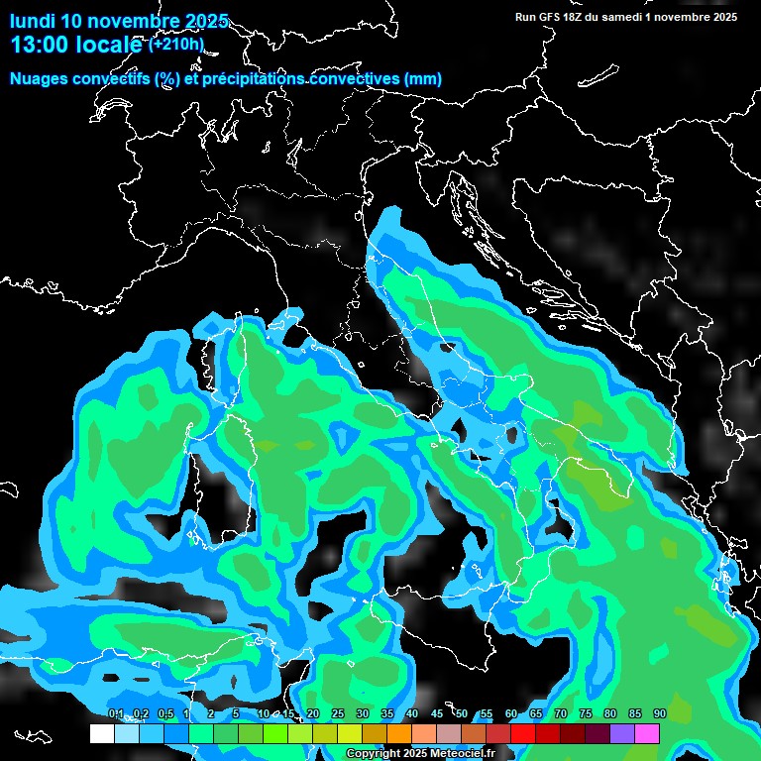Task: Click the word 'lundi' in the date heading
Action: (x=33, y=21)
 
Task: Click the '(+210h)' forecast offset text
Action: (x=176, y=44)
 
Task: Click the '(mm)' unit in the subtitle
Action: (x=422, y=78)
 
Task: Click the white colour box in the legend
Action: (x=101, y=734)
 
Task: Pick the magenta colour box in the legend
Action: (x=647, y=734)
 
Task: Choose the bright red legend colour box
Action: (x=523, y=734)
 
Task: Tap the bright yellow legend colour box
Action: (x=350, y=734)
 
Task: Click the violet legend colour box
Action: (x=622, y=734)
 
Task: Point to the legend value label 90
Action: (x=660, y=713)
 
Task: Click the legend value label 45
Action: (x=437, y=713)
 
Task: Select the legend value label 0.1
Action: (x=115, y=713)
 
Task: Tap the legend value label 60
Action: (x=511, y=713)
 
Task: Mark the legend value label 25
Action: (x=338, y=713)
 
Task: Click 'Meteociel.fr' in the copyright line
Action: (x=460, y=753)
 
